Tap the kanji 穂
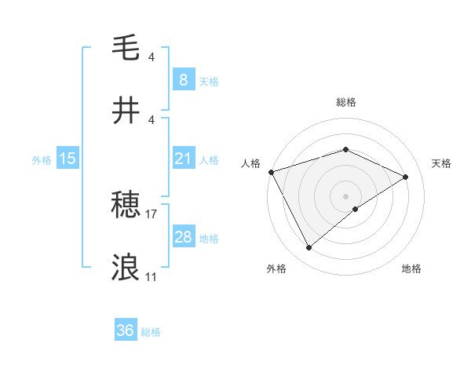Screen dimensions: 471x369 [x=126, y=206]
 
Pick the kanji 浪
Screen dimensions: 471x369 [x=126, y=267]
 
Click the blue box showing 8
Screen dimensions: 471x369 [x=183, y=79]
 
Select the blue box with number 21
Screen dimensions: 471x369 [x=183, y=159]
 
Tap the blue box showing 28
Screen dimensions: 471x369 [x=183, y=237]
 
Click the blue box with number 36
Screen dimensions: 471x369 [x=126, y=331]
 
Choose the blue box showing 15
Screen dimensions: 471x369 [x=68, y=159]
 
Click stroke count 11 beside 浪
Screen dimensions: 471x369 [x=151, y=276]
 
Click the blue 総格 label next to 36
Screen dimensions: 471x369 [x=151, y=332]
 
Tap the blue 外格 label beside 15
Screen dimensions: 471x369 [x=42, y=159]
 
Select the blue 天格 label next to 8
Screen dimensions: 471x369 [x=208, y=81]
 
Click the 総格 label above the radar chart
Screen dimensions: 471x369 [x=345, y=102]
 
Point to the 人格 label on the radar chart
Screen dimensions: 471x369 [x=250, y=163]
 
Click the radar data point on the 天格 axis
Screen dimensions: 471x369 [x=406, y=177]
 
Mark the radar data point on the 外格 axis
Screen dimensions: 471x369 [x=309, y=248]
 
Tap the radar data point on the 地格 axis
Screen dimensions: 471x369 [x=356, y=209]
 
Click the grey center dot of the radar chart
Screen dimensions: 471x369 [x=345, y=195]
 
